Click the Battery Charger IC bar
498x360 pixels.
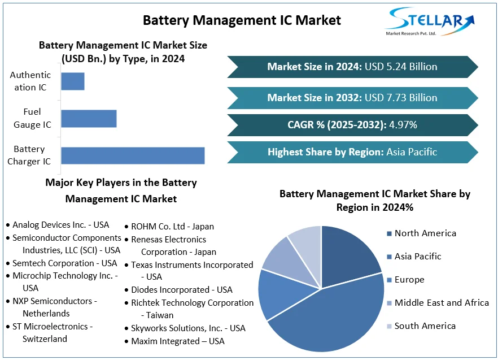click(133, 155)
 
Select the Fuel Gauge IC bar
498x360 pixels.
click(89, 119)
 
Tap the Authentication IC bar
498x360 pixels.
click(73, 81)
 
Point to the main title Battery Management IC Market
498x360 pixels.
click(242, 20)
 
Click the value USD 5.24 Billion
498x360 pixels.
click(401, 67)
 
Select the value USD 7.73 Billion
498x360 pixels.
click(401, 98)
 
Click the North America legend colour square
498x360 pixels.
click(389, 233)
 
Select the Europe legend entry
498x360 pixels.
click(409, 280)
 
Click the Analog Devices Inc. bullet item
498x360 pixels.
click(60, 225)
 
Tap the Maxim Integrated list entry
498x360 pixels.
click(177, 341)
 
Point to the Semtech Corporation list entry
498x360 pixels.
click(64, 263)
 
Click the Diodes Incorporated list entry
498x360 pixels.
click(181, 290)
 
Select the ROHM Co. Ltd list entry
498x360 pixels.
click(172, 227)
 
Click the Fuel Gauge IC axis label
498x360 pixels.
click(32, 118)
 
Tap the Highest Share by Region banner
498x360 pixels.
click(352, 152)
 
